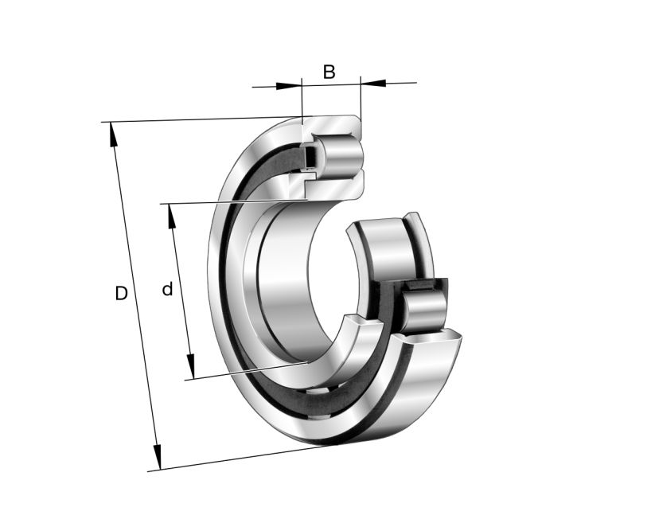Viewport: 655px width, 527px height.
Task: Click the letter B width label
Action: coord(329,72)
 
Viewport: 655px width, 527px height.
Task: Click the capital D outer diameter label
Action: coord(121,294)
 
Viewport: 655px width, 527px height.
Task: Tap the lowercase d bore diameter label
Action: coord(167,290)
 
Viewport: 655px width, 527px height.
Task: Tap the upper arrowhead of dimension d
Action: coord(171,215)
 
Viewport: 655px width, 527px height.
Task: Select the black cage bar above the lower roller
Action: coord(425,285)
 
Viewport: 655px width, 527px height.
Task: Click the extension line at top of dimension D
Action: coord(199,120)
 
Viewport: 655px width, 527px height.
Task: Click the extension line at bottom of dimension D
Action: coord(239,459)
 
